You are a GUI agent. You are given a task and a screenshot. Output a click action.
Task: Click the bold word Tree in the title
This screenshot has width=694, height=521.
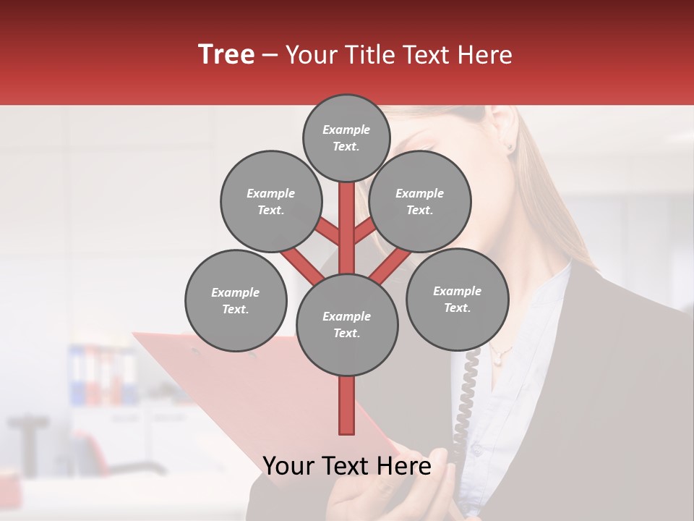[226, 54]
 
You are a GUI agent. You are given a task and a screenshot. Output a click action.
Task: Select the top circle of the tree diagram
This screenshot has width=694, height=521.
[346, 137]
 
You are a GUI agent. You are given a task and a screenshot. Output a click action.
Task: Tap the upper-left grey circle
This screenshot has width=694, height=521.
[270, 201]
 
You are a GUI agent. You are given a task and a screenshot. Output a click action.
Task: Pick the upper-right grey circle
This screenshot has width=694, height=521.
[419, 201]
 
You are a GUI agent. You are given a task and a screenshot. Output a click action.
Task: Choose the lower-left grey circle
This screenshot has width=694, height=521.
[235, 300]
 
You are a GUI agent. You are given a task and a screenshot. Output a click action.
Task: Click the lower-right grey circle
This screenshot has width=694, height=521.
[456, 299]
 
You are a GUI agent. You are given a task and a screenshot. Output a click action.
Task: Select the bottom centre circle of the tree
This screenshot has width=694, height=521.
[346, 324]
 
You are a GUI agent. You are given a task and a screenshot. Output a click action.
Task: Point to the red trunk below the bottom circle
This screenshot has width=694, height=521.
[346, 405]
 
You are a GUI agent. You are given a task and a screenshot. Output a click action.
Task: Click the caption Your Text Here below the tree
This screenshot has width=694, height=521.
[346, 466]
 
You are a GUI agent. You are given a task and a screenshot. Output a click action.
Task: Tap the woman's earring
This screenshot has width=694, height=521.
[510, 147]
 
